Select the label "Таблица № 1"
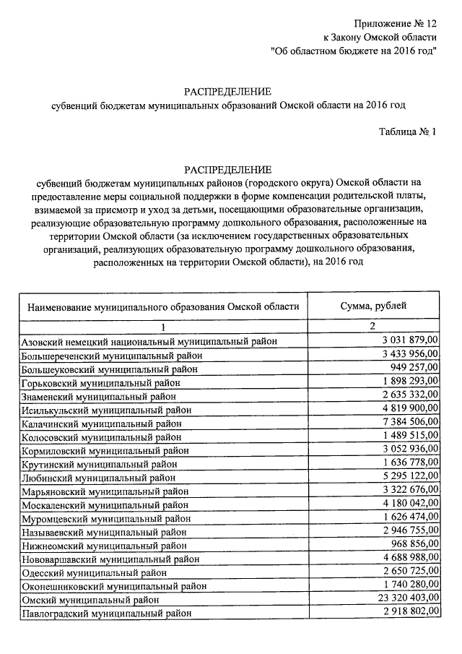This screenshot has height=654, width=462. [409, 132]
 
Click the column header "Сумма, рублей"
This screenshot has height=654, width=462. [373, 306]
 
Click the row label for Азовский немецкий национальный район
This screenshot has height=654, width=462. [149, 341]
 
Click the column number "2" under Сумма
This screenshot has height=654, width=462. [373, 327]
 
